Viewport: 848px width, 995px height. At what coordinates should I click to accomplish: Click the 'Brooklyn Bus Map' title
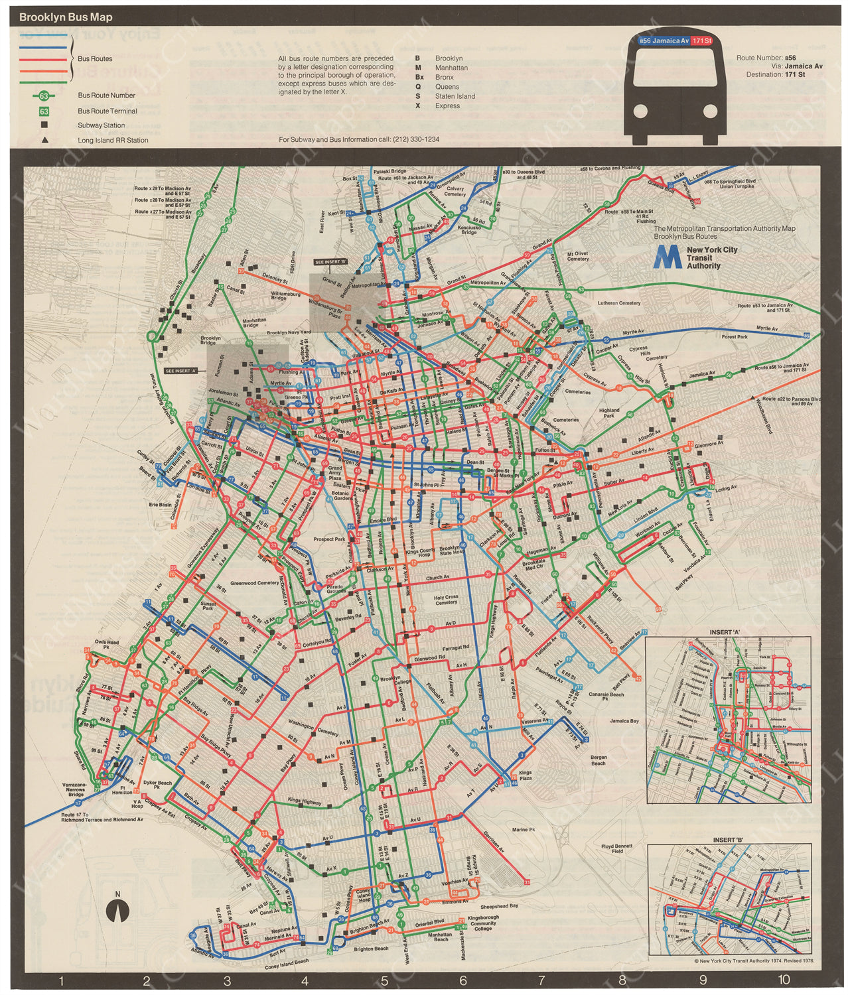[66, 17]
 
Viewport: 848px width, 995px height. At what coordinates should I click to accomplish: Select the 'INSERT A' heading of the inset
[725, 632]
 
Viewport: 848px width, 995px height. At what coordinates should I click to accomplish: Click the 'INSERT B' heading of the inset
[728, 840]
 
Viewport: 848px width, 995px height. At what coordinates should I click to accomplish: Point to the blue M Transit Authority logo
[667, 257]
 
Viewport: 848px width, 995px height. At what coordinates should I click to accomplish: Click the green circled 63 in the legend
[44, 96]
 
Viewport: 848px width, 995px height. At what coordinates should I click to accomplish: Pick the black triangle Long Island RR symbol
[44, 140]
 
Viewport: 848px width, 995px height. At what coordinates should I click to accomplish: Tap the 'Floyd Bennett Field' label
[616, 848]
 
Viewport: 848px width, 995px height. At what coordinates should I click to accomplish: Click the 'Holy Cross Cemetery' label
[446, 600]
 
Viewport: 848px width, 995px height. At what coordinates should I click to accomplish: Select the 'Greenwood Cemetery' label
[255, 583]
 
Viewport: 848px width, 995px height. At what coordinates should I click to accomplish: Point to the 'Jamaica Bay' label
[624, 720]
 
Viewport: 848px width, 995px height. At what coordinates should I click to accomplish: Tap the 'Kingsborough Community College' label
[482, 923]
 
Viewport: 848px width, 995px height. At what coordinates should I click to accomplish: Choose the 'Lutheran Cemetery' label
[618, 303]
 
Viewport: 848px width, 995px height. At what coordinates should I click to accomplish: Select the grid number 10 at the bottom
[784, 979]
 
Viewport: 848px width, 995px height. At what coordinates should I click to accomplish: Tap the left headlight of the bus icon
[640, 111]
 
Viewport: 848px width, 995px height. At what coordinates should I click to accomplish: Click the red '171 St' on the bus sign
[701, 41]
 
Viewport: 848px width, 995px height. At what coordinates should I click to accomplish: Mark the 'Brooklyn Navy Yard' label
[289, 332]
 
